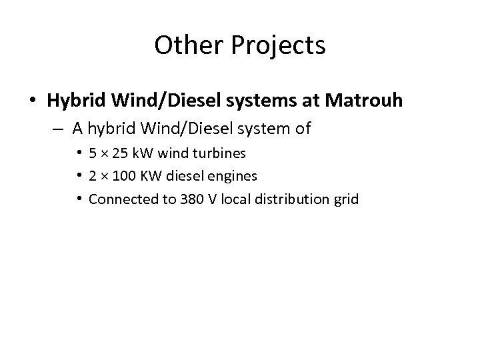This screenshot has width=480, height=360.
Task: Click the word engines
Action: [x=234, y=177]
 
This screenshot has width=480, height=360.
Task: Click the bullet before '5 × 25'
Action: [x=80, y=153]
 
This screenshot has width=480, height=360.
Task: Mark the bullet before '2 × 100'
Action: [x=80, y=176]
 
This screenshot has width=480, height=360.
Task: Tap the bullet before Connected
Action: [x=80, y=199]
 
